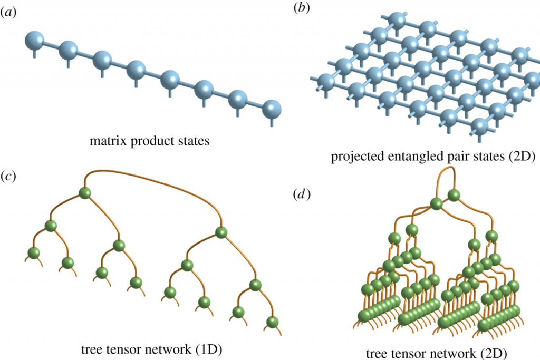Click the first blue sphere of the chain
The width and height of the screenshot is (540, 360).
coord(35,41)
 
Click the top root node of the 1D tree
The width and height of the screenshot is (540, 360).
coord(85,193)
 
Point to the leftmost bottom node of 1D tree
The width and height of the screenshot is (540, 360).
coord(34,253)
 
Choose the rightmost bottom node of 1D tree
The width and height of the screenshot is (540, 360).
coord(272,322)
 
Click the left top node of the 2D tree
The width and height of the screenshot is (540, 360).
coord(436,203)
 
